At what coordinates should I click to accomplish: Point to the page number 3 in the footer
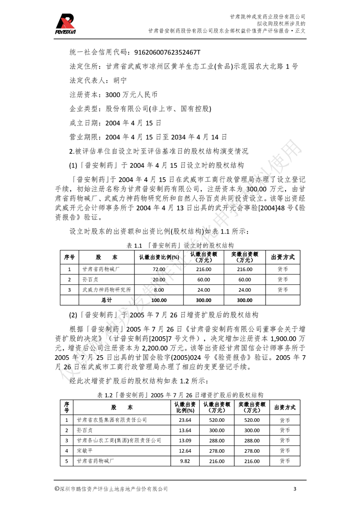(x=295, y=489)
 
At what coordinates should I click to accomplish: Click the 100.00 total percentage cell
(x=159, y=300)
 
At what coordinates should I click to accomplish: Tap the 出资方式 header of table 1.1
(x=282, y=257)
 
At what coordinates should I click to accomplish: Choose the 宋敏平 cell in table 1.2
(x=85, y=450)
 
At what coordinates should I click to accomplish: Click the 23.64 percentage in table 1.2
(x=185, y=420)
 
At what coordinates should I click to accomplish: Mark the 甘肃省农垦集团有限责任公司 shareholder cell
(x=112, y=420)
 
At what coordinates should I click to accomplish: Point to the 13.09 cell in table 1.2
(x=185, y=440)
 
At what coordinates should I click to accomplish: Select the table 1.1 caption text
(x=180, y=245)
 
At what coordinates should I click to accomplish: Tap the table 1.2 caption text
(x=180, y=395)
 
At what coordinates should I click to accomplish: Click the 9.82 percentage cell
(x=185, y=460)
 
